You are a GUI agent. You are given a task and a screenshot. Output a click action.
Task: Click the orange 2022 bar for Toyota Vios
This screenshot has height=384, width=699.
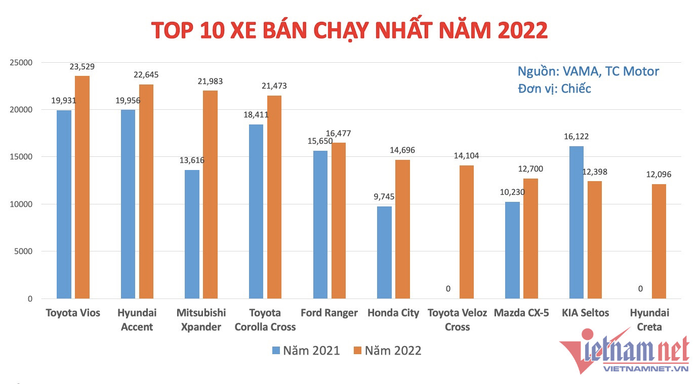click(82, 187)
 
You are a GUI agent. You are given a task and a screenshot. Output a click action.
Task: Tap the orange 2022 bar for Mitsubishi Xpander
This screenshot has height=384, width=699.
click(211, 195)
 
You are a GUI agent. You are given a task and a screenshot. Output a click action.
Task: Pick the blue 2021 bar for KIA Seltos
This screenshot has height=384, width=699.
click(577, 223)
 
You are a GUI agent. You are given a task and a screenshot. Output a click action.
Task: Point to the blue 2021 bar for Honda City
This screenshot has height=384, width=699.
click(384, 252)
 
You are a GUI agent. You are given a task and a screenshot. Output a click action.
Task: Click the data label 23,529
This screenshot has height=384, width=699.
click(82, 66)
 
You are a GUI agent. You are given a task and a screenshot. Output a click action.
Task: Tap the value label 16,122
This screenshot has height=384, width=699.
click(577, 137)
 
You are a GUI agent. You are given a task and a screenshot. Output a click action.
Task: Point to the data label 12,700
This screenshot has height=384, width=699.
click(531, 169)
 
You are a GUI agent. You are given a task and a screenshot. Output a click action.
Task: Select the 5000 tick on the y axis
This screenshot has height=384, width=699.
click(23, 251)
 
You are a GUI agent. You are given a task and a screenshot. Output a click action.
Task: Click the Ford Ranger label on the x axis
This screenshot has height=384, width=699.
click(329, 313)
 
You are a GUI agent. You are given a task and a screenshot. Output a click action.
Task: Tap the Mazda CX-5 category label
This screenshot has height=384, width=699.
click(521, 313)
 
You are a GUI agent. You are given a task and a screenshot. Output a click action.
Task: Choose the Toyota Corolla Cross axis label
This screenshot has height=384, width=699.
click(265, 320)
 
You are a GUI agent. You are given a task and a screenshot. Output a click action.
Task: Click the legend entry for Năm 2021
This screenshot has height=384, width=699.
click(306, 350)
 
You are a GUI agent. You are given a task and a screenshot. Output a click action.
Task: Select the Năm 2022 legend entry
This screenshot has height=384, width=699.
click(387, 350)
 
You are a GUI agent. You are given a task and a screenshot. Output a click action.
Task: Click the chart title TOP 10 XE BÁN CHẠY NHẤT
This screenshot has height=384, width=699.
click(349, 30)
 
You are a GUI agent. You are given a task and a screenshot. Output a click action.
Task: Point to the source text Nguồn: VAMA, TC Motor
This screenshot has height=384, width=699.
click(588, 71)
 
